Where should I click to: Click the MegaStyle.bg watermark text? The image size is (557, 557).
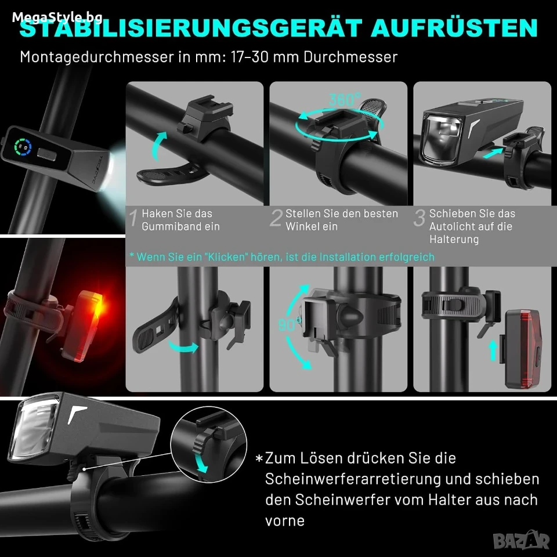click(57, 17)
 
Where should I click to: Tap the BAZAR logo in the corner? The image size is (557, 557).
click(522, 540)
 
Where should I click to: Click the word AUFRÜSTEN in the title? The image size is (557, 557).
click(454, 28)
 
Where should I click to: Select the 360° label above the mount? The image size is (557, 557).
click(344, 100)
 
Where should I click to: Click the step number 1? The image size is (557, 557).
click(133, 218)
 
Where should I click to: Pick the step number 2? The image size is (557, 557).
click(276, 218)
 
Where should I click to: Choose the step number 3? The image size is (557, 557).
click(419, 218)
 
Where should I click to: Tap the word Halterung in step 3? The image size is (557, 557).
click(454, 239)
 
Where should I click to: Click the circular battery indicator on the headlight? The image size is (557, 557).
click(23, 146)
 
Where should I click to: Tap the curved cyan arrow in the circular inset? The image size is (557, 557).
click(201, 460)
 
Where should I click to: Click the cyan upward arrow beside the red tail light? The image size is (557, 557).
click(493, 350)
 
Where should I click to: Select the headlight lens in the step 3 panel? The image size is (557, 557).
click(441, 139)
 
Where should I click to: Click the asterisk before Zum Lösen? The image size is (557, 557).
click(259, 458)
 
